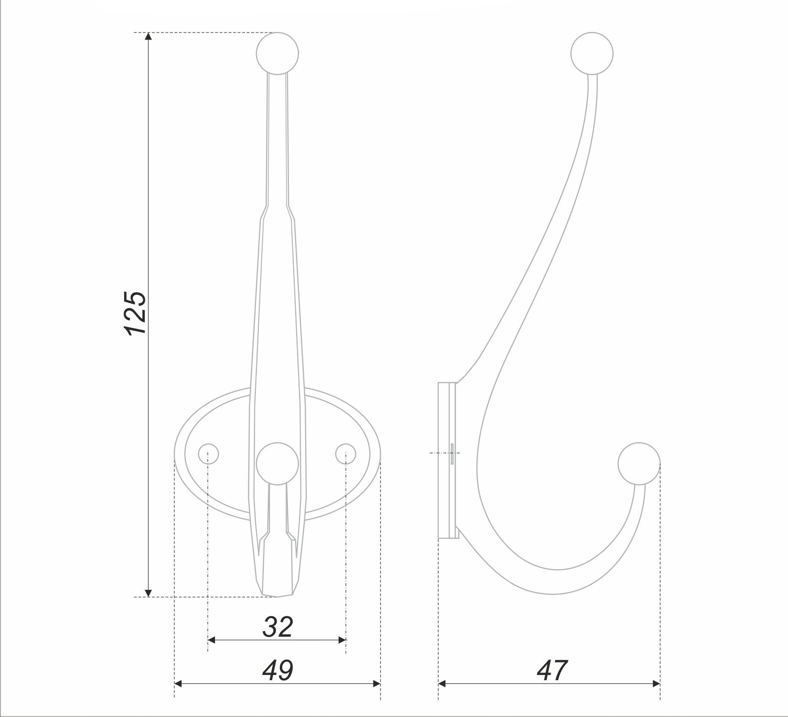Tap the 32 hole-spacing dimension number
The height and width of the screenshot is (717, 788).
click(x=277, y=627)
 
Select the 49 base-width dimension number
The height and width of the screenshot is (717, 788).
click(x=277, y=670)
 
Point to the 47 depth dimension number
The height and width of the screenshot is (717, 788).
click(x=552, y=670)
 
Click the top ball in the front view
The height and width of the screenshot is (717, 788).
click(x=277, y=54)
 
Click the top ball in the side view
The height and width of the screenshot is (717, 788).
click(x=592, y=54)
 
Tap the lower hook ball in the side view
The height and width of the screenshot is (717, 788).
click(x=639, y=464)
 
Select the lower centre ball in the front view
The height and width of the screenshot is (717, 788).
click(x=277, y=464)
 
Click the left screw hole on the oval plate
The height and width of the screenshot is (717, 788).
click(x=209, y=454)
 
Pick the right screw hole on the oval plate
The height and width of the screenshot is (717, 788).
click(x=346, y=454)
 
